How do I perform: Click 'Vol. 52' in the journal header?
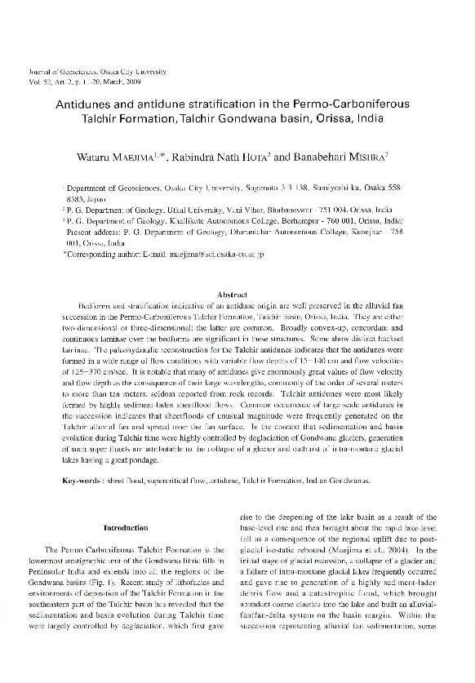coord(40,82)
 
